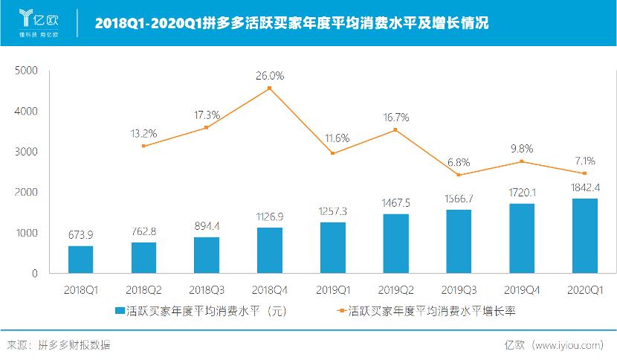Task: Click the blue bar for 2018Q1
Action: (80, 260)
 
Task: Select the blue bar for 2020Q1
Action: (585, 236)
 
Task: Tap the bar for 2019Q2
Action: (396, 243)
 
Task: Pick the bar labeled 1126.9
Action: (270, 250)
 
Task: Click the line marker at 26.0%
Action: (270, 88)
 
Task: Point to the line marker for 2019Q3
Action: (459, 175)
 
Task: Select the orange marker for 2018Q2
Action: (143, 146)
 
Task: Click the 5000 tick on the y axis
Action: (26, 71)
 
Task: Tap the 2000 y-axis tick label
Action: (26, 193)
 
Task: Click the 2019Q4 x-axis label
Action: (522, 289)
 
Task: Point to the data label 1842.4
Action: (585, 187)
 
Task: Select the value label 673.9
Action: (80, 234)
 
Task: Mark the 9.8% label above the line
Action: (522, 148)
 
